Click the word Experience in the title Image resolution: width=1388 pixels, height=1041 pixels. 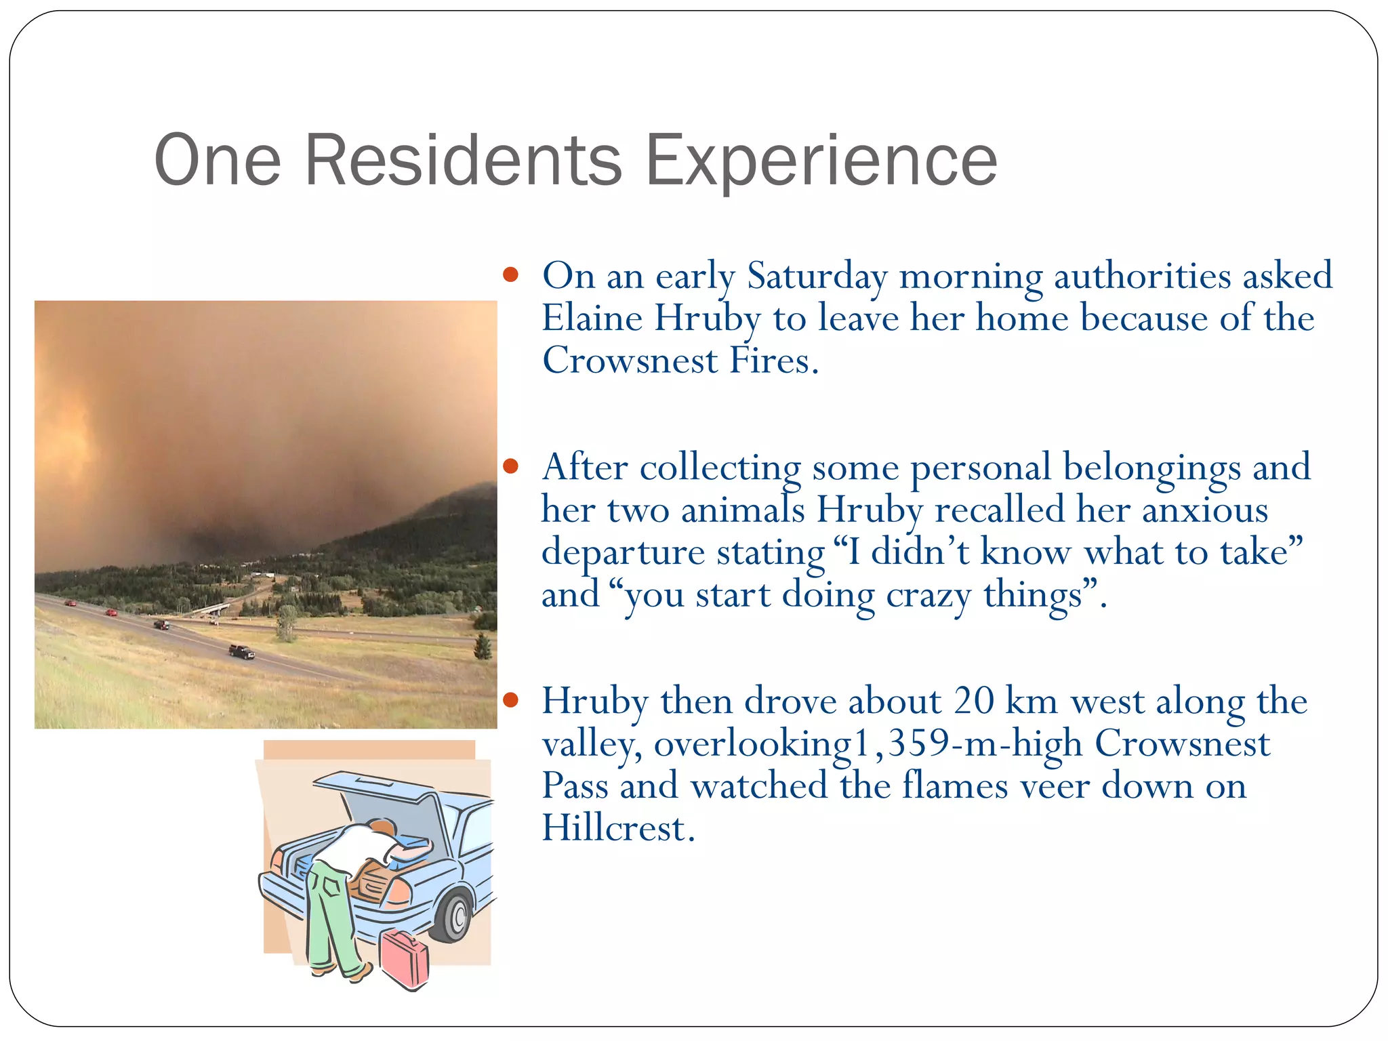pyautogui.click(x=821, y=160)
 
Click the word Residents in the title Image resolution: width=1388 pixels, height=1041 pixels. pyautogui.click(x=463, y=160)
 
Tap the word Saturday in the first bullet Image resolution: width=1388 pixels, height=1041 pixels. pyautogui.click(x=817, y=277)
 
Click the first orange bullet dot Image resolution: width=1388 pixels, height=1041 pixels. pyautogui.click(x=511, y=275)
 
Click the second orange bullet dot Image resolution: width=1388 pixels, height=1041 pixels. pyautogui.click(x=511, y=466)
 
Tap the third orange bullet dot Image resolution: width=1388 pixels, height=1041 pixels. pyautogui.click(x=511, y=699)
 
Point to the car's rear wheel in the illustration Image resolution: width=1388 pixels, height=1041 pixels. pyautogui.click(x=453, y=916)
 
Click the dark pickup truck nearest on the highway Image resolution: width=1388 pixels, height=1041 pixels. pyautogui.click(x=242, y=651)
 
